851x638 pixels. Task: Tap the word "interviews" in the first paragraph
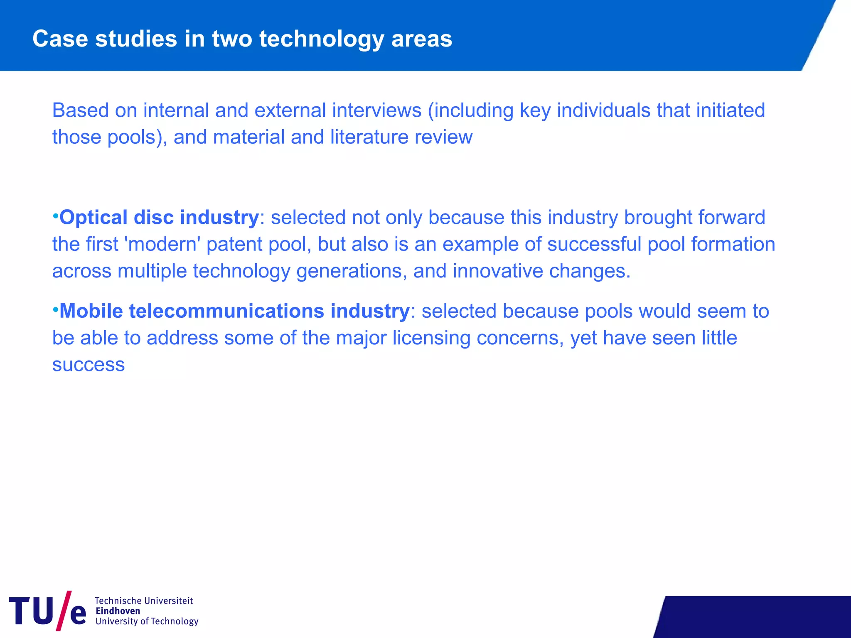pyautogui.click(x=376, y=110)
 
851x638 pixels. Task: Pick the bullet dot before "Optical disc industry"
pyautogui.click(x=55, y=216)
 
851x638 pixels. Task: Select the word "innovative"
pyautogui.click(x=497, y=271)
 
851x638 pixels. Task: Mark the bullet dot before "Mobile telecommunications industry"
pyautogui.click(x=55, y=309)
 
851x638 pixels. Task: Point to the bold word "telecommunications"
pyautogui.click(x=226, y=311)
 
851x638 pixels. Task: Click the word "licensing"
pyautogui.click(x=431, y=338)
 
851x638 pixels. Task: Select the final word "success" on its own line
pyautogui.click(x=89, y=365)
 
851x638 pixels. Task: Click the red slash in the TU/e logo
pyautogui.click(x=63, y=611)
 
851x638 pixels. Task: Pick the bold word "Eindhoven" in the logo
pyautogui.click(x=118, y=611)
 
